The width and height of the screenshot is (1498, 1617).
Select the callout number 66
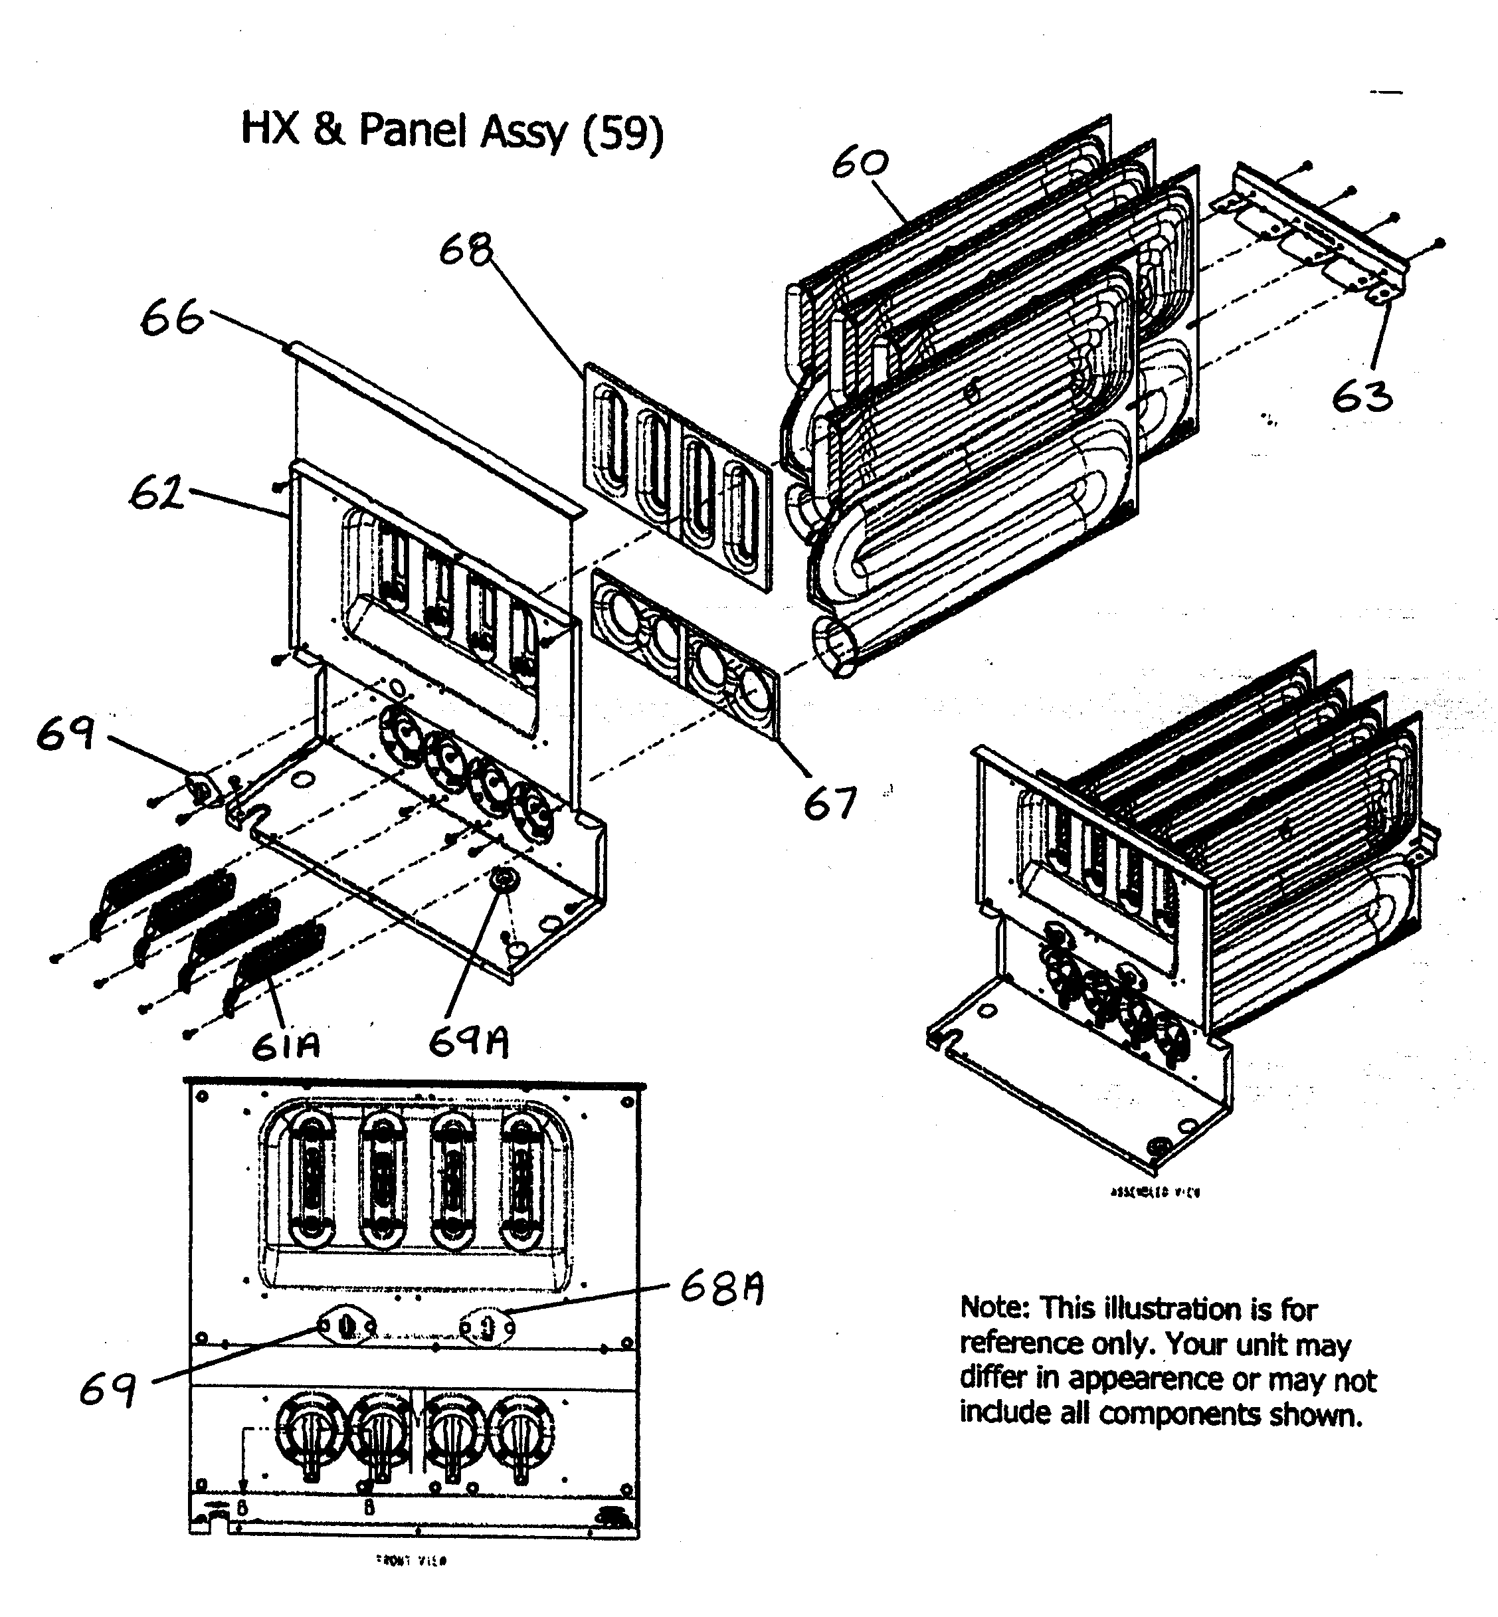(172, 318)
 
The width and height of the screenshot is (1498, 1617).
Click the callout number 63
(1362, 397)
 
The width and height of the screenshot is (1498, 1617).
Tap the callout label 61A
(286, 1046)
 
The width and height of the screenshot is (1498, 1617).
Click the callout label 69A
(468, 1043)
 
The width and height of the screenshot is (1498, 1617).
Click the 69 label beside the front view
(107, 1391)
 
